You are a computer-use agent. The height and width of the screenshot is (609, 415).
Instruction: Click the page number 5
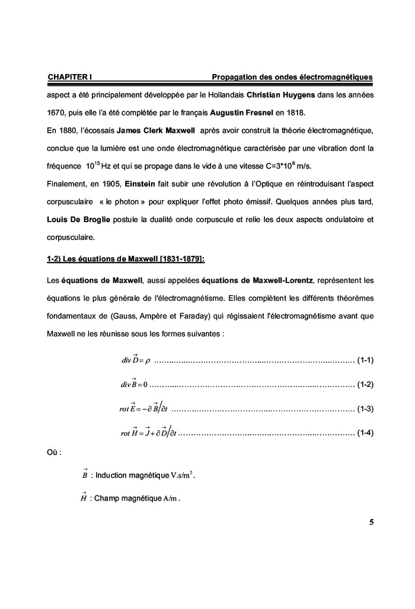point(371,522)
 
